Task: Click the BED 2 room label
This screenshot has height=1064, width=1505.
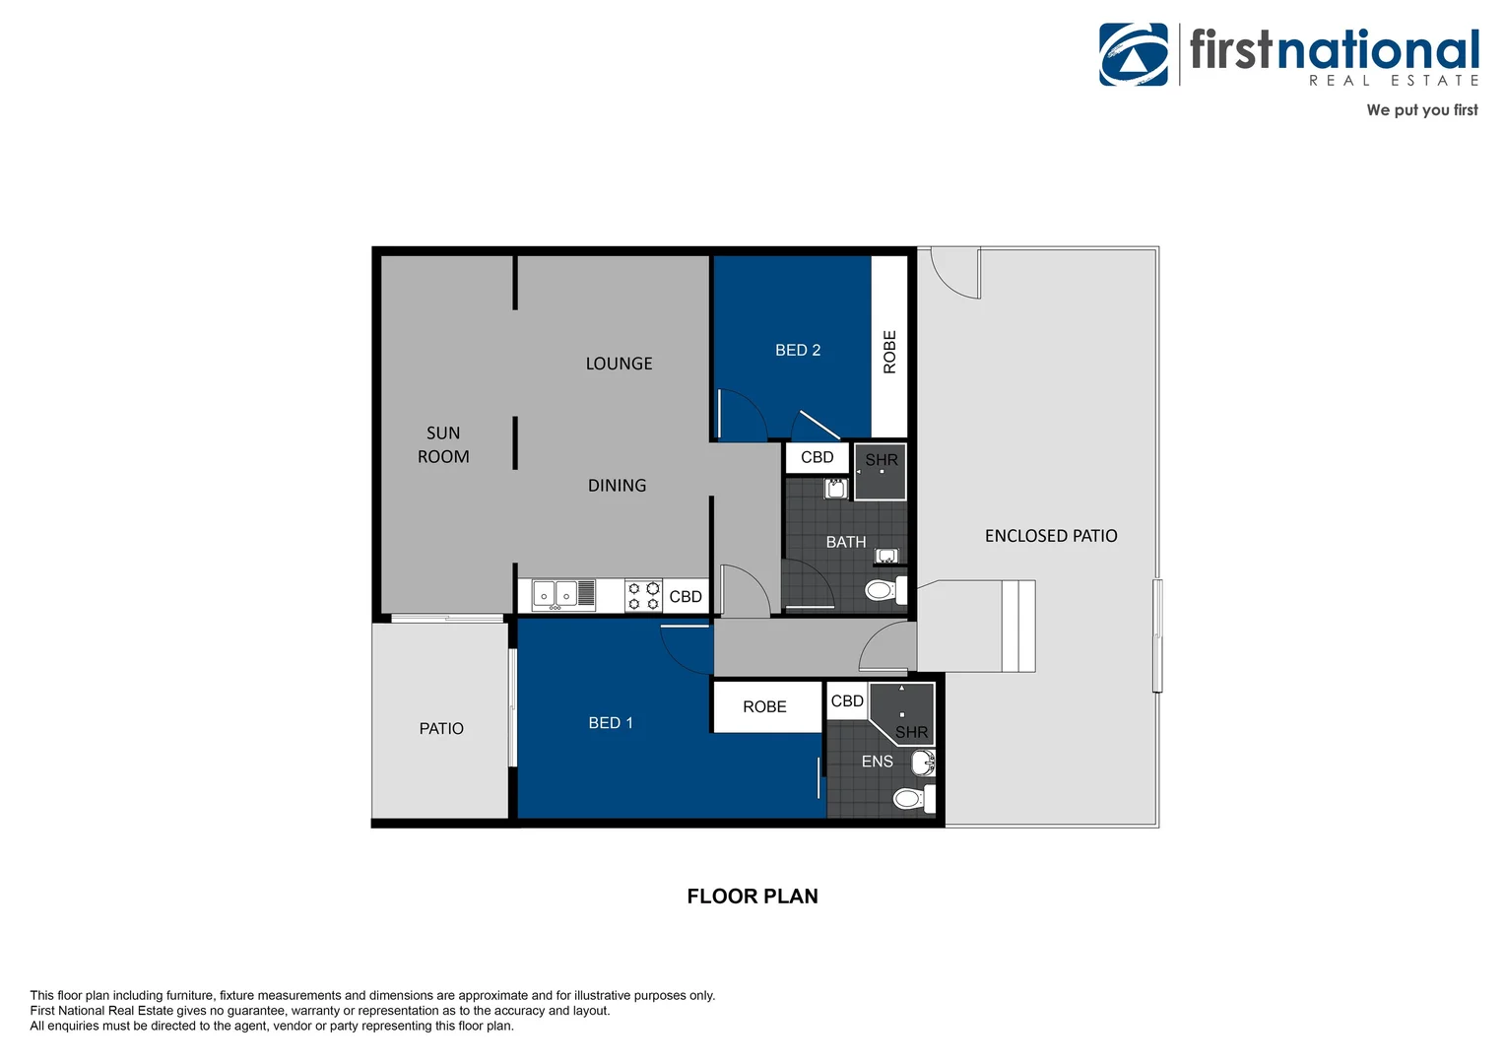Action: (x=798, y=350)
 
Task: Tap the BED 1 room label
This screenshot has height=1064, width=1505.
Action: (x=610, y=722)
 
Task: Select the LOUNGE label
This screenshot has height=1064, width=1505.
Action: (x=619, y=364)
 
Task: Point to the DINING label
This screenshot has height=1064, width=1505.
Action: (x=617, y=486)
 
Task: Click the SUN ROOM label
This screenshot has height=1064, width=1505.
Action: (x=443, y=444)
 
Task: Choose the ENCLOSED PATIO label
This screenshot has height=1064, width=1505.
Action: (x=1051, y=536)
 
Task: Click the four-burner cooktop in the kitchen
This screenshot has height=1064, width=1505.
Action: (x=643, y=596)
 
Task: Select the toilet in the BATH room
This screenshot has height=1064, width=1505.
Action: (x=885, y=591)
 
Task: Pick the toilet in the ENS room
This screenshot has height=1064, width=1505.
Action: (x=914, y=799)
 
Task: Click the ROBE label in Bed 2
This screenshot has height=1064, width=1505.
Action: (x=889, y=352)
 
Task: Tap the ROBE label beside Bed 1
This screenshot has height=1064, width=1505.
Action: (x=764, y=706)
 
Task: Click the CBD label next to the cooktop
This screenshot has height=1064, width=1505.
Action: (x=686, y=596)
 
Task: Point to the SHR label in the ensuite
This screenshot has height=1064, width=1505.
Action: (x=911, y=732)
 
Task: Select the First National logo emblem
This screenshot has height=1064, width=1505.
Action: (x=1134, y=54)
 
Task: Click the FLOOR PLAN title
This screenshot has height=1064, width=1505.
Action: (x=752, y=896)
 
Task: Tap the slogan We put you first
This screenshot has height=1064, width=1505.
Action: (x=1421, y=109)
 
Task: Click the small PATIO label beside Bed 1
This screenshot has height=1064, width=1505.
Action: (x=441, y=729)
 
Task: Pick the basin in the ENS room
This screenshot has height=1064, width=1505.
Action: (x=924, y=763)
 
